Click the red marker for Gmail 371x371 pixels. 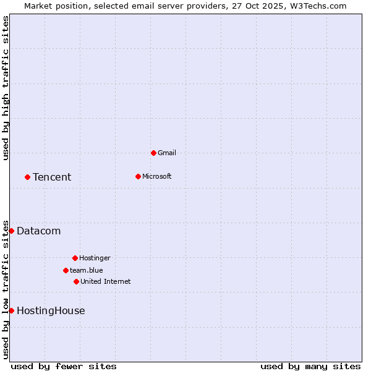153,153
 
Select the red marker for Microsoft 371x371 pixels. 138,176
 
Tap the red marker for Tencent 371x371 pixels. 27,177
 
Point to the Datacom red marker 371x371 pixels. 11,231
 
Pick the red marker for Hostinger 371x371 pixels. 75,258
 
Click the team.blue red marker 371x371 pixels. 66,270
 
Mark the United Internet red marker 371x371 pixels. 76,281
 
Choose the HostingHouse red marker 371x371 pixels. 11,310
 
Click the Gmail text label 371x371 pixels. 167,153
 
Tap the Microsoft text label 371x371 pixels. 157,176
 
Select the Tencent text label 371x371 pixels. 52,177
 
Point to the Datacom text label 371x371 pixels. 38,231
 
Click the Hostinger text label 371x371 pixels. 95,258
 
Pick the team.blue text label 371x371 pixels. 87,270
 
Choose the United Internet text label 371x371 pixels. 106,281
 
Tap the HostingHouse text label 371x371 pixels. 51,310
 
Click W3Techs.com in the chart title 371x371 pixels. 317,6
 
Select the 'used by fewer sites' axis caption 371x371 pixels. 64,366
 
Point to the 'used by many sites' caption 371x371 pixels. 310,366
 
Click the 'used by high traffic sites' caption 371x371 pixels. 6,88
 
